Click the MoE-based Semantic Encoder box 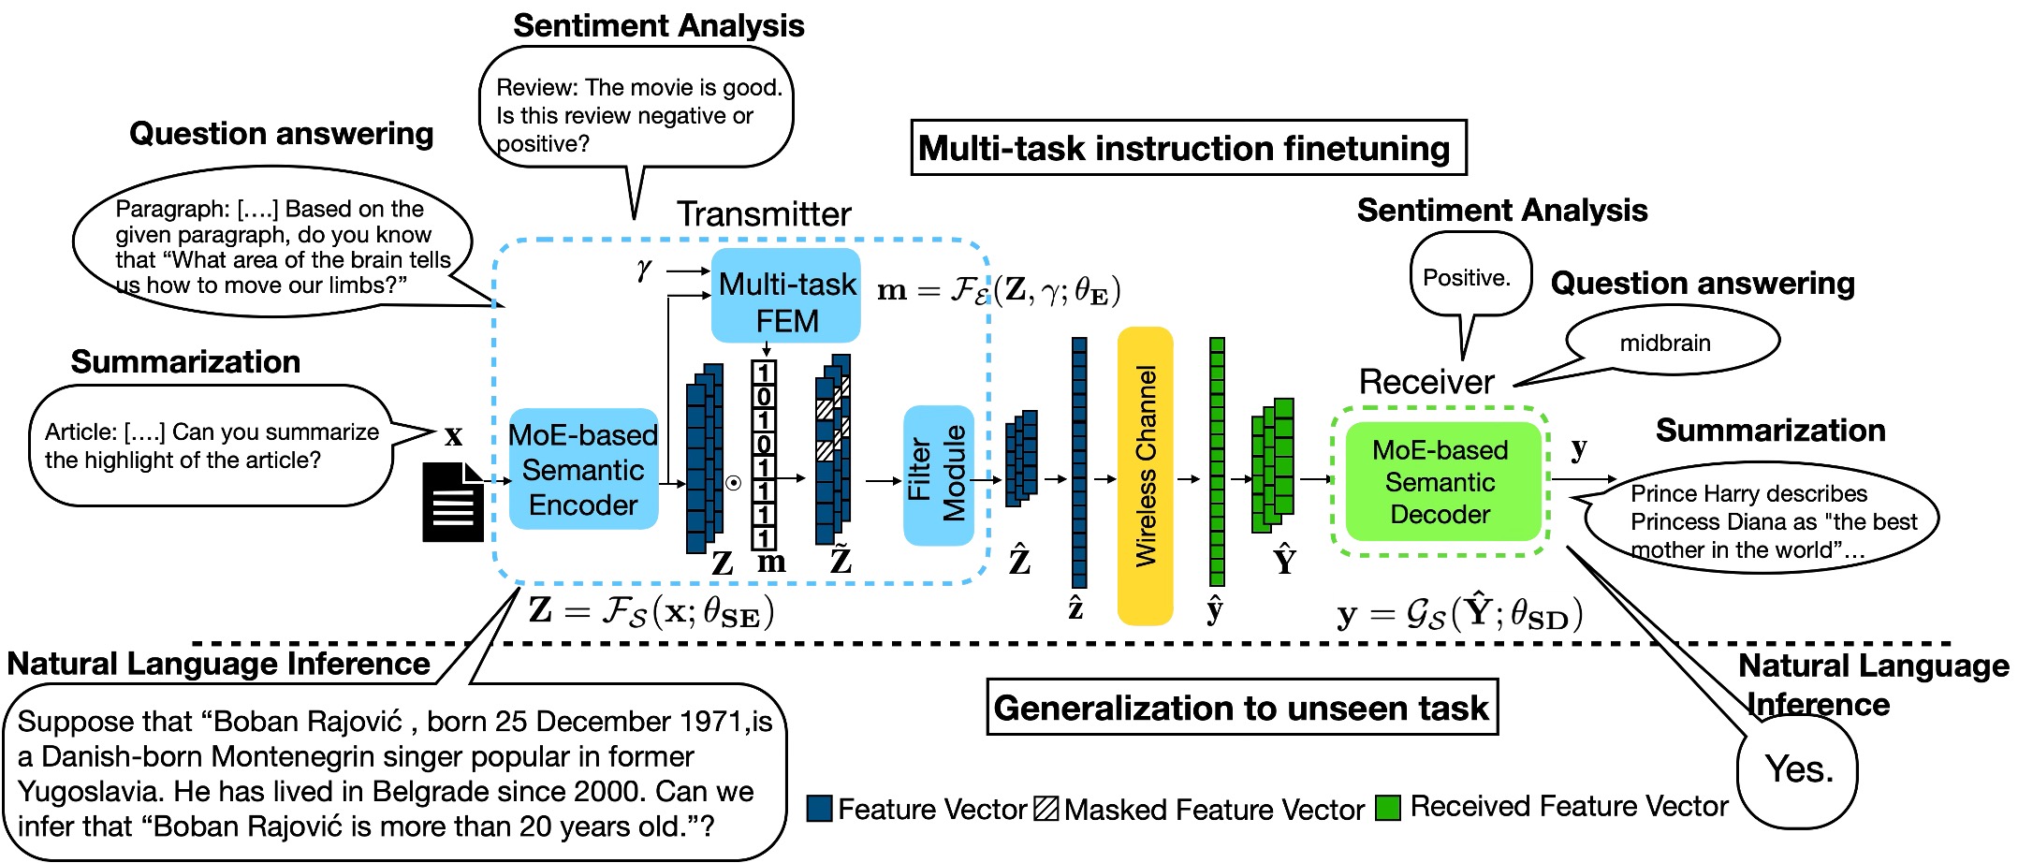pos(583,469)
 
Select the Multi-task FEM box pos(786,296)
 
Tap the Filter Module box pos(938,475)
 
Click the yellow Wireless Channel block pos(1145,475)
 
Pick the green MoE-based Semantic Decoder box pos(1440,481)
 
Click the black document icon pos(453,502)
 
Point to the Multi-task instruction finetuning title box pos(1188,148)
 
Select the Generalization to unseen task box pos(1242,708)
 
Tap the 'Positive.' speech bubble pos(1468,277)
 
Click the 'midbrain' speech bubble pos(1666,343)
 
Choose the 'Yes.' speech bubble pos(1798,769)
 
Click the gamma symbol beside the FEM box pos(644,271)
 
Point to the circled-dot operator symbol pos(734,483)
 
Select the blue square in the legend pos(820,809)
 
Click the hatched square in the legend pos(1046,809)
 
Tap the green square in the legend pos(1388,808)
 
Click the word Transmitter pos(764,214)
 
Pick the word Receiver pos(1426,381)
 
